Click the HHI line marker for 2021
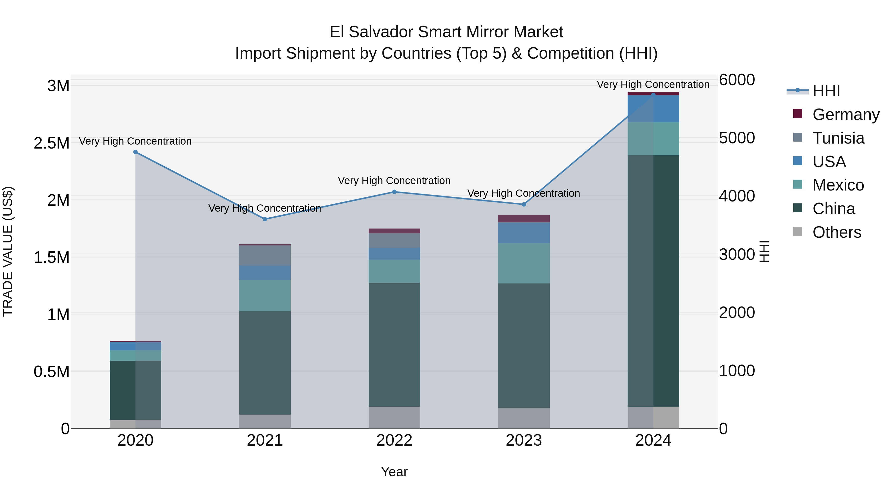[265, 219]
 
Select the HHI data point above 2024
[653, 95]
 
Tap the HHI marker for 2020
[135, 152]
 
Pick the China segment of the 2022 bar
[394, 344]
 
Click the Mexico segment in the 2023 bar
[524, 263]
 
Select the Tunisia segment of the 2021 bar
[265, 256]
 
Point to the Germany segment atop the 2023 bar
[524, 218]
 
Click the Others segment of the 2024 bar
[653, 417]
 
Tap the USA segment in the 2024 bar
[653, 109]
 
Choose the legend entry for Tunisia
[838, 138]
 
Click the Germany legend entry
[846, 115]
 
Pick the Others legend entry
[836, 232]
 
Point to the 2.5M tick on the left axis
[52, 143]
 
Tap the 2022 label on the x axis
[394, 440]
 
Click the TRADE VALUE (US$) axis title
[8, 251]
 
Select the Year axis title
[394, 472]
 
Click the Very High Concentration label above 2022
[394, 181]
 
